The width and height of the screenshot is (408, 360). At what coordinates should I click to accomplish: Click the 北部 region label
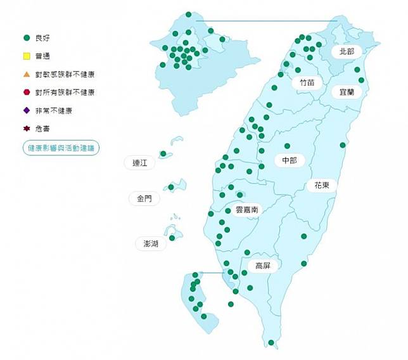[x=347, y=51]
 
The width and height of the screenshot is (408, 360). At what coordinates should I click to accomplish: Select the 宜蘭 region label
[x=347, y=92]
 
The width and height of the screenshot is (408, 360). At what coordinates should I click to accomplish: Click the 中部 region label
[x=289, y=161]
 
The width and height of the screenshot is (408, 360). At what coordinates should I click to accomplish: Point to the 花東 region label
[x=322, y=186]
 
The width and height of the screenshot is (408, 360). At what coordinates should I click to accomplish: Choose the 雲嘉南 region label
[x=246, y=209]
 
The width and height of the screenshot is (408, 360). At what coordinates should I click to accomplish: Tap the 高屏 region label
[x=263, y=266]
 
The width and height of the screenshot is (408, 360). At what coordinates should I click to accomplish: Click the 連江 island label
[x=139, y=163]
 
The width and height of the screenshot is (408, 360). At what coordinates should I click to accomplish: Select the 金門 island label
[x=144, y=198]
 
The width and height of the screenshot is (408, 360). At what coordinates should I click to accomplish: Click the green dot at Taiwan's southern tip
[x=271, y=343]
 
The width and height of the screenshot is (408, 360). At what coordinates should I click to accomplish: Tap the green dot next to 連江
[x=163, y=153]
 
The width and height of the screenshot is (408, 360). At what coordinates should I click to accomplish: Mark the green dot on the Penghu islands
[x=172, y=238]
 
